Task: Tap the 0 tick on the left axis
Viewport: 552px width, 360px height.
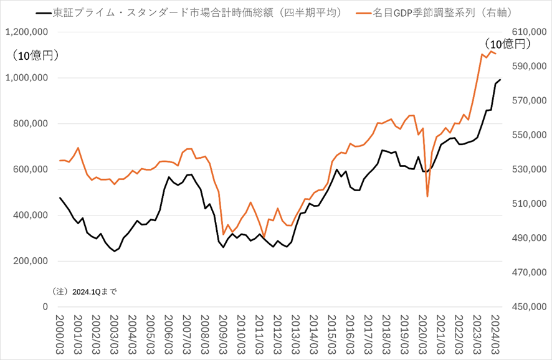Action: tap(45, 306)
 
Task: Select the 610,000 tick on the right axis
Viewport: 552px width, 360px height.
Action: tap(529, 32)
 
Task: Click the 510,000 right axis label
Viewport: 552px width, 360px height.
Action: tap(529, 204)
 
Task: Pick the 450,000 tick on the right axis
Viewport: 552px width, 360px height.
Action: tap(529, 306)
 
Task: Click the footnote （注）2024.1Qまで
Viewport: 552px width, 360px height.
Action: tap(85, 291)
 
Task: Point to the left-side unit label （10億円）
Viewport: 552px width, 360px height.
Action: tap(36, 55)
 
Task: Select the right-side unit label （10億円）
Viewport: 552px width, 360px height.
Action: tap(507, 44)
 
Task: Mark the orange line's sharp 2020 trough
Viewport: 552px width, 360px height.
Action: tap(427, 197)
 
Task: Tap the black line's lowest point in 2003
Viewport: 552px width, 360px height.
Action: tap(114, 251)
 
